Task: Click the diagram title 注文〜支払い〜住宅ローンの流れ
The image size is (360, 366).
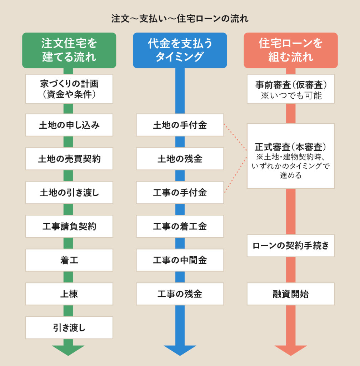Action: point(180,19)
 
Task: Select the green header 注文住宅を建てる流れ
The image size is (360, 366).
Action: point(69,50)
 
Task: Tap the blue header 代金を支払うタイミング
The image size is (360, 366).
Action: point(180,50)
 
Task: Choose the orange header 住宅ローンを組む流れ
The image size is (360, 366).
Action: point(291,50)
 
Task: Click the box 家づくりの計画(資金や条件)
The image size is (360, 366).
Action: point(69,89)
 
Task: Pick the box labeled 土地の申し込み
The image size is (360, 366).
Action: point(69,125)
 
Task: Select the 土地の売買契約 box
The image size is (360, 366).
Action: point(69,159)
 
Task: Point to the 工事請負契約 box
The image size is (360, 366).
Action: point(69,226)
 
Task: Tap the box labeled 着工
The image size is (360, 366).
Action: point(69,260)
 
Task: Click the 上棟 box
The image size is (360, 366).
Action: point(69,294)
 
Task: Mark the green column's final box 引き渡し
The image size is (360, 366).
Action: point(69,327)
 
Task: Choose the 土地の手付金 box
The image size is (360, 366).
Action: point(180,125)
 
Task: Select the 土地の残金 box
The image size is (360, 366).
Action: point(180,159)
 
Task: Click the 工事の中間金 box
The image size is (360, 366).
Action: point(180,260)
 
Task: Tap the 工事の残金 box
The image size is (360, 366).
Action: point(180,294)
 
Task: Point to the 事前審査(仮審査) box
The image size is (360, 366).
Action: point(291,89)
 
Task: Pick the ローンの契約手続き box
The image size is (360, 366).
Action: point(291,246)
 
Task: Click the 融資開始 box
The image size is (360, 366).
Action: point(291,294)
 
